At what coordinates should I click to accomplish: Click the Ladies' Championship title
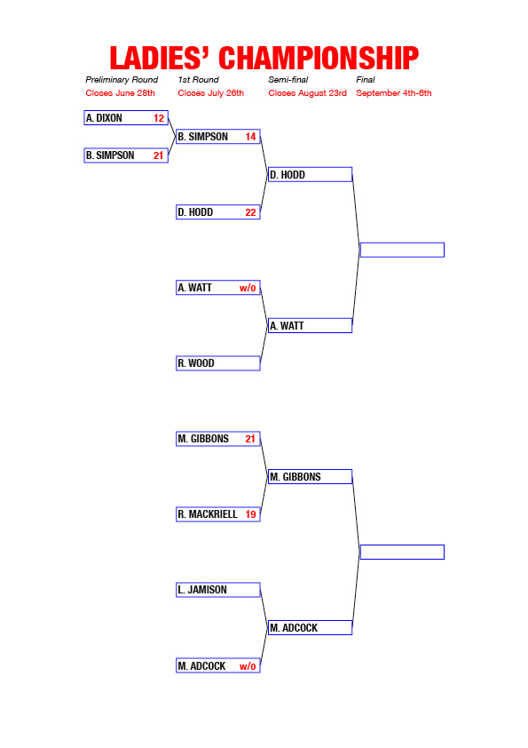click(264, 59)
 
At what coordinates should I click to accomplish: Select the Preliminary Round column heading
click(122, 80)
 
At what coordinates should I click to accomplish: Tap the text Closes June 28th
click(120, 93)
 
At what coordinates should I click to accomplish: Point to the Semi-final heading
click(288, 80)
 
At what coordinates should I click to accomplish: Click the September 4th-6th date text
click(394, 93)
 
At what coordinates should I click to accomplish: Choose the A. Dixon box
click(126, 118)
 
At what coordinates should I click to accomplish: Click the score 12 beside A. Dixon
click(159, 118)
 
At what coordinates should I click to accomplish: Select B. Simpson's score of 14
click(250, 137)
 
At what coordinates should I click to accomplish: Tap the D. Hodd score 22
click(250, 212)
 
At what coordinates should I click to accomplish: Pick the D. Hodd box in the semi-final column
click(311, 175)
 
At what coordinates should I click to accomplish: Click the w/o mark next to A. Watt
click(248, 288)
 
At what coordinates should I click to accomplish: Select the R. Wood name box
click(218, 363)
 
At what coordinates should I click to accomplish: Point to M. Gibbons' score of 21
click(250, 439)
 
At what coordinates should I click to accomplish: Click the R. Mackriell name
click(208, 514)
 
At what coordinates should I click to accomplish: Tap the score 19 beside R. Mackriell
click(250, 514)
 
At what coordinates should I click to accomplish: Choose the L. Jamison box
click(218, 590)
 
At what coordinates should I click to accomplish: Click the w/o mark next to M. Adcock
click(248, 666)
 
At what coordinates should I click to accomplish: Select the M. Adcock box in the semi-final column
click(311, 628)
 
